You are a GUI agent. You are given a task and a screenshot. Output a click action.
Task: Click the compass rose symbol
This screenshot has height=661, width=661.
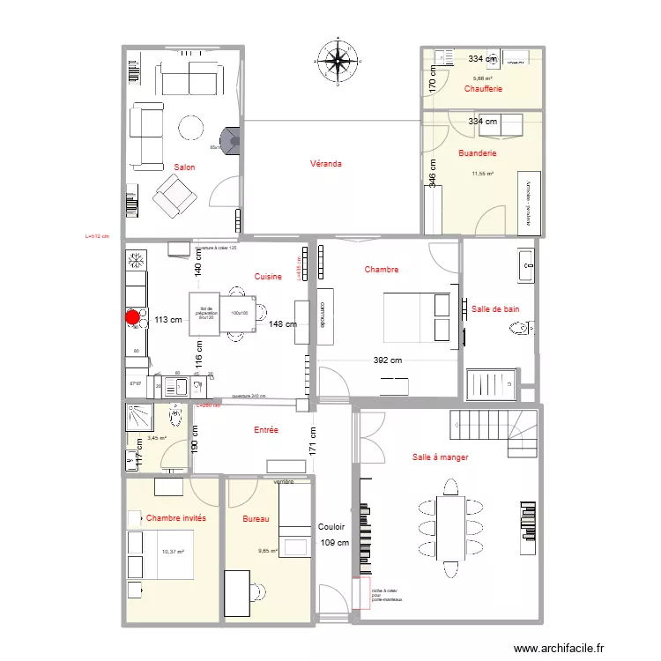(337, 59)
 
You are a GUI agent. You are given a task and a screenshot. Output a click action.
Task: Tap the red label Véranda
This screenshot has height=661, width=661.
(325, 164)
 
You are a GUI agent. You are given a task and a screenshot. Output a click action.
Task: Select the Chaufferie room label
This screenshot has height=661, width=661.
(483, 89)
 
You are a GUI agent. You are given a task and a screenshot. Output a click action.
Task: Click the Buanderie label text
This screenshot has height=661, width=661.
(478, 153)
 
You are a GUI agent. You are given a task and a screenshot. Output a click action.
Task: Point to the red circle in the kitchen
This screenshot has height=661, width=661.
(132, 317)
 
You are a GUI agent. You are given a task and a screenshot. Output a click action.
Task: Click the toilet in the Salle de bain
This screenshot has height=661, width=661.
(520, 330)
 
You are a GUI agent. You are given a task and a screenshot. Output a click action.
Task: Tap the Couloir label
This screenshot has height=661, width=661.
(332, 525)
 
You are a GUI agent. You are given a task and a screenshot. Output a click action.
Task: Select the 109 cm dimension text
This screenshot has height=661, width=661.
(335, 543)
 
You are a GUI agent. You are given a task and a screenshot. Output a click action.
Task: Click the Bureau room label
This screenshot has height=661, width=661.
(256, 519)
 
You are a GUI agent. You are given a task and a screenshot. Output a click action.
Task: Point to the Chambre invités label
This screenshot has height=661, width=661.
(176, 518)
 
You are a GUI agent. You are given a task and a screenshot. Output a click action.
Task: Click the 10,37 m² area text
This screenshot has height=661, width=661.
(173, 552)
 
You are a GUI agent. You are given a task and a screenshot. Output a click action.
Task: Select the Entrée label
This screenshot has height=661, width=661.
(266, 430)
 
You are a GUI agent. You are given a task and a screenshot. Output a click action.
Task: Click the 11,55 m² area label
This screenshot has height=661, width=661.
(482, 174)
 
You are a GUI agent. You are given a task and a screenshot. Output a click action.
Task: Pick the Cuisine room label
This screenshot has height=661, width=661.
(268, 277)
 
